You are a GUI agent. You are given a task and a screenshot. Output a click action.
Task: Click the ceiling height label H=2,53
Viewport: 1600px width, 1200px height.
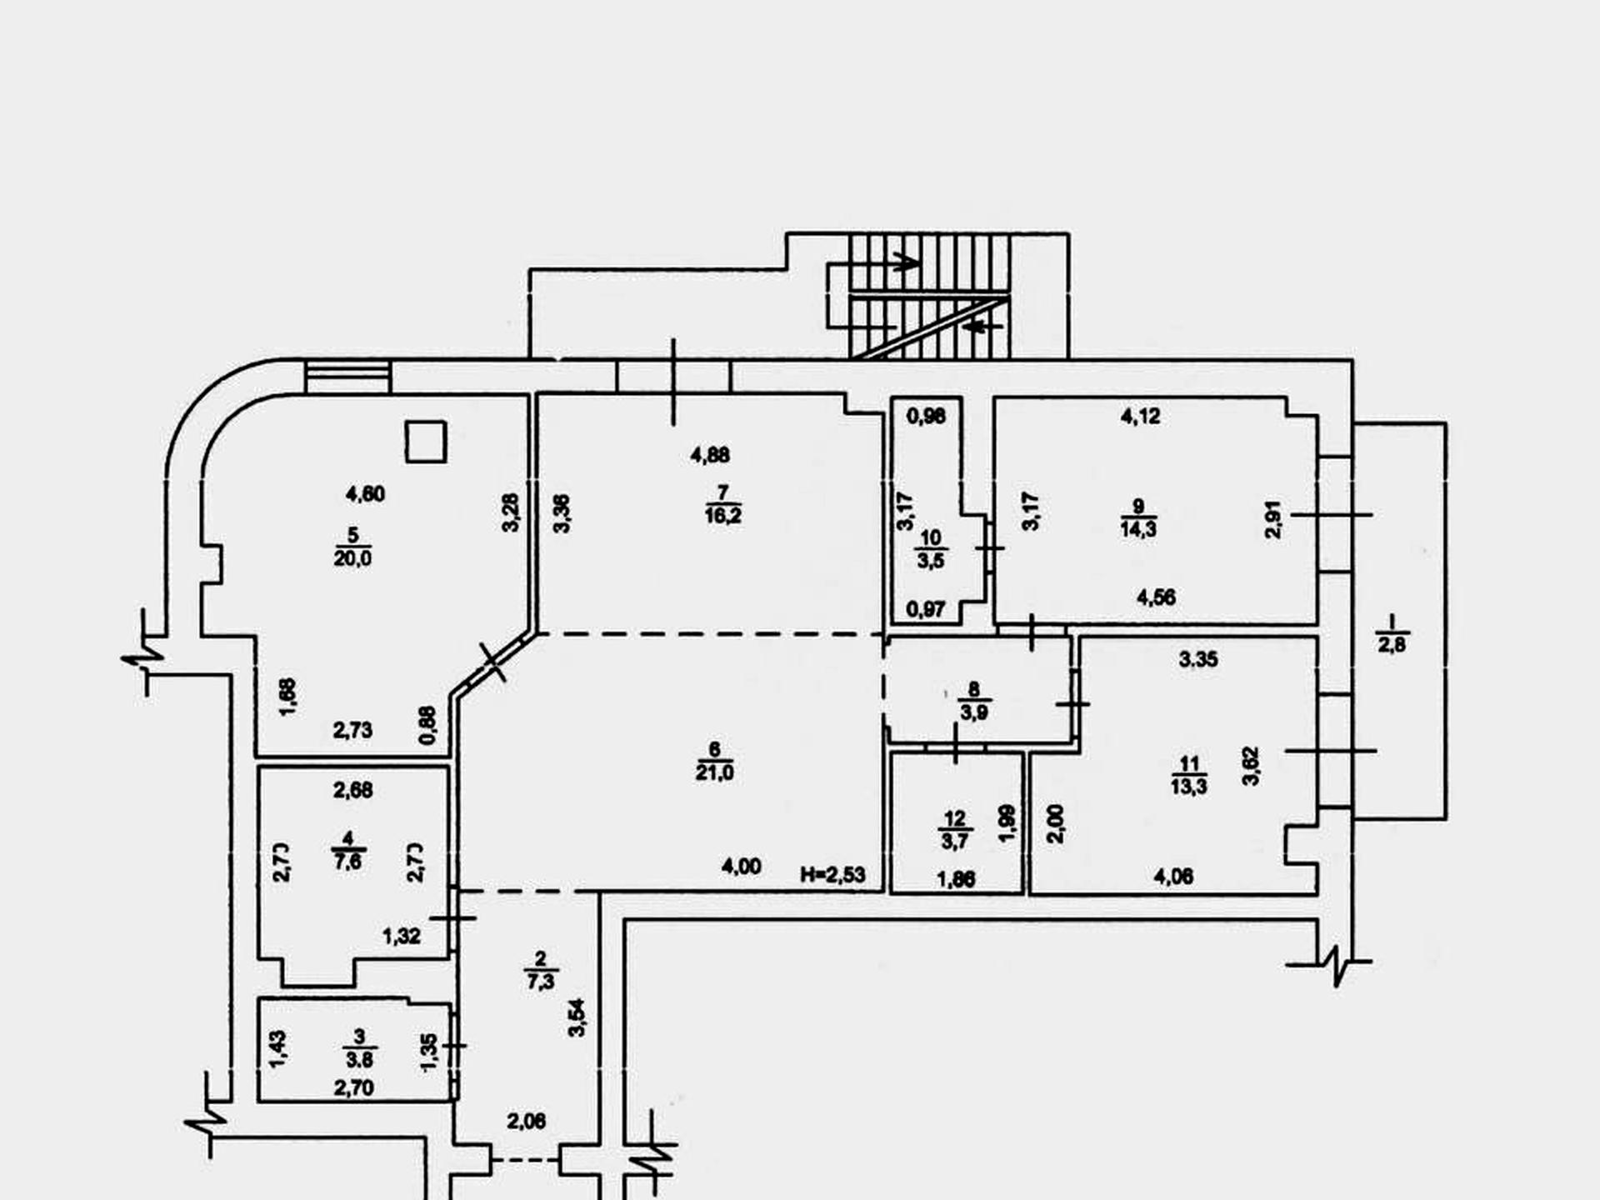point(832,875)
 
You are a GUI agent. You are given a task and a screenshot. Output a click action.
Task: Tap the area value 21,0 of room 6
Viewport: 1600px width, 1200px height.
point(715,773)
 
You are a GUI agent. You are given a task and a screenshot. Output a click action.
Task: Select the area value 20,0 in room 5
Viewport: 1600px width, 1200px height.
point(352,558)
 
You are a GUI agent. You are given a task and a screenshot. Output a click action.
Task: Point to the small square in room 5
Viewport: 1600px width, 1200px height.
point(426,442)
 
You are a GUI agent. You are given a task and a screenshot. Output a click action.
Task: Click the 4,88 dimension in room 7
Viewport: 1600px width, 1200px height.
point(710,455)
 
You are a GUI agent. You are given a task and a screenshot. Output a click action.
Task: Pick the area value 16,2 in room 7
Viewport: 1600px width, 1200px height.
point(722,516)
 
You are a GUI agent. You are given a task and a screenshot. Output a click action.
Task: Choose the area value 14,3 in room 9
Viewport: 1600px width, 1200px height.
point(1138,529)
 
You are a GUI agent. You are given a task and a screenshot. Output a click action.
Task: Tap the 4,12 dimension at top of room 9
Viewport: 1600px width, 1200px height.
point(1140,416)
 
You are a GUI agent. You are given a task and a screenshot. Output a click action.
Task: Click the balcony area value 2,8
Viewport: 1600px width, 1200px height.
point(1392,645)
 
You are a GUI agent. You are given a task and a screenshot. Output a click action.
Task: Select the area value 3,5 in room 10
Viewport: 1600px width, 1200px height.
point(931,561)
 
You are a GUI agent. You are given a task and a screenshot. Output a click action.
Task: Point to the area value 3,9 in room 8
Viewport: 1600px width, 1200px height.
point(973,712)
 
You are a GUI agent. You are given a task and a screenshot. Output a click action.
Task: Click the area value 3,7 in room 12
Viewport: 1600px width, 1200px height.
point(955,842)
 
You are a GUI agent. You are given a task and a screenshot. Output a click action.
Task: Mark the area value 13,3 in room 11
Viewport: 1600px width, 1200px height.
point(1189,787)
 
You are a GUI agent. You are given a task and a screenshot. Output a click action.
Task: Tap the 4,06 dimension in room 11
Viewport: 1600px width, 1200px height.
point(1172,876)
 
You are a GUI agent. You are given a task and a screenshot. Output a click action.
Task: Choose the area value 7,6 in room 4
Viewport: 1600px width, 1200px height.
point(347,862)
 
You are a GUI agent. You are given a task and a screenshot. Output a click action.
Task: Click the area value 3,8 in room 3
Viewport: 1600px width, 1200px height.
point(359,1060)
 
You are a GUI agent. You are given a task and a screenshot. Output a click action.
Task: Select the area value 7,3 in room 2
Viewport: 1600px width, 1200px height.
point(541,982)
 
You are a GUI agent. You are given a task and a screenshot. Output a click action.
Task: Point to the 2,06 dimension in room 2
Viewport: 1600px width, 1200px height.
point(527,1122)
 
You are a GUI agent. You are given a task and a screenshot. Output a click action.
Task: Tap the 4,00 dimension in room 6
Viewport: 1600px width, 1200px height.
point(741,867)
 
